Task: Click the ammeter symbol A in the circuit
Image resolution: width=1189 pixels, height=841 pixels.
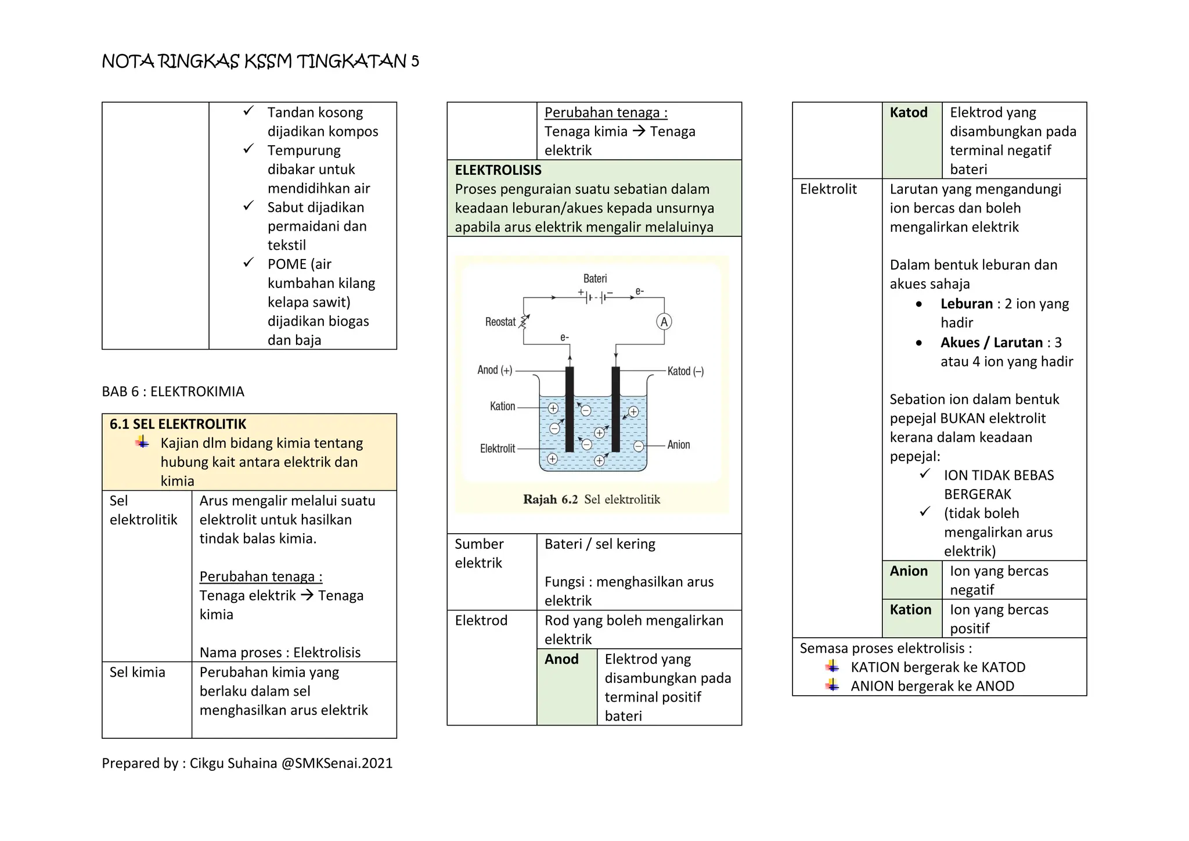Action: tap(664, 322)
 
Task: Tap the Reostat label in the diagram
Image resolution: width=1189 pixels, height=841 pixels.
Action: tap(500, 322)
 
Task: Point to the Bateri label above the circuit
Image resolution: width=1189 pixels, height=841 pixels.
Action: tap(595, 279)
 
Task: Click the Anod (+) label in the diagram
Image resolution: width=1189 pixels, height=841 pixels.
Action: tap(495, 370)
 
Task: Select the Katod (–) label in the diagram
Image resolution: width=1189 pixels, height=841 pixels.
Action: tap(686, 371)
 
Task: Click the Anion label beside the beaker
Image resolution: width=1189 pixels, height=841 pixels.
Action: tap(679, 445)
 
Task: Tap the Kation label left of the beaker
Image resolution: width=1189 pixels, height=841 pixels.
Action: tap(503, 407)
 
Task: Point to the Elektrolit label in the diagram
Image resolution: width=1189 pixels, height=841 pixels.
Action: tap(498, 448)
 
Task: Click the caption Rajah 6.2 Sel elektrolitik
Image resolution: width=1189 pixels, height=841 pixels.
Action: tap(592, 499)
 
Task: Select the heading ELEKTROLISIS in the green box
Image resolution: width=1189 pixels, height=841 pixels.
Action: tap(498, 170)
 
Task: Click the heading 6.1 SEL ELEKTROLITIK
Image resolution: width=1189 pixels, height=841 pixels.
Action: tap(178, 424)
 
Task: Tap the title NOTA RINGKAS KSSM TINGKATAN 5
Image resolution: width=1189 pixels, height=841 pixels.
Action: tap(260, 61)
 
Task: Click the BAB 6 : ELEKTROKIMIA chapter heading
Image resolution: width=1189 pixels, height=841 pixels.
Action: tap(173, 391)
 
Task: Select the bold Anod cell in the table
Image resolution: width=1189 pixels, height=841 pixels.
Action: tap(561, 659)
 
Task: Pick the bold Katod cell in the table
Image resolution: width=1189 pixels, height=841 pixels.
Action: tap(909, 113)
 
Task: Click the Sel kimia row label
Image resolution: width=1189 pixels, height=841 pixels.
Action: tap(138, 673)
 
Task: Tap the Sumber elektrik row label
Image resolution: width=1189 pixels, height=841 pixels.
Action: tap(479, 554)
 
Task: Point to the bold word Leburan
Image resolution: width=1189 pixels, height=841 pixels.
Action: tap(967, 304)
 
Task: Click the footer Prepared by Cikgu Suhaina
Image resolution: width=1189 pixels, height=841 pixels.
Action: tap(247, 763)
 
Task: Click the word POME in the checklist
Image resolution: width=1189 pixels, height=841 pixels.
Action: tap(287, 264)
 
